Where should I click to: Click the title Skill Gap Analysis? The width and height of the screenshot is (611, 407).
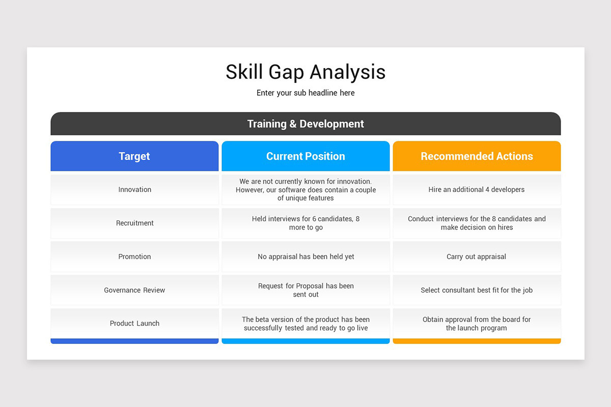(x=305, y=72)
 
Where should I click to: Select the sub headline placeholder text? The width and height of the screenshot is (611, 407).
(x=305, y=93)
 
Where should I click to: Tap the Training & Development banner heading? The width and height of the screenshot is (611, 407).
(x=305, y=124)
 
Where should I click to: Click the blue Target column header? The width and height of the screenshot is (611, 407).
(x=134, y=156)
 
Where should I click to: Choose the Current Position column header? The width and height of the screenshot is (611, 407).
(x=305, y=156)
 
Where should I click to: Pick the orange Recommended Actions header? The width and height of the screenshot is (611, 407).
(x=477, y=156)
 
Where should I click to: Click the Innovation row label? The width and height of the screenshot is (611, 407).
(x=134, y=190)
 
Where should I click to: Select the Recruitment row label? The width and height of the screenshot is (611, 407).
(x=134, y=223)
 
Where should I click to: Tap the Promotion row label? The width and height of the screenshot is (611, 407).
(x=134, y=257)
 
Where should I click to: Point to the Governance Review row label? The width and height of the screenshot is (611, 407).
(x=134, y=290)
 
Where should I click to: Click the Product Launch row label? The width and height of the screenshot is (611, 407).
(x=134, y=324)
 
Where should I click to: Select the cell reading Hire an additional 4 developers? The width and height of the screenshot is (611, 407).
(x=477, y=190)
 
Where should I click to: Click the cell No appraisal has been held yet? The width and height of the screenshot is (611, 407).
(x=305, y=257)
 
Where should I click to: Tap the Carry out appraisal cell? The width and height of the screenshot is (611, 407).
(x=477, y=257)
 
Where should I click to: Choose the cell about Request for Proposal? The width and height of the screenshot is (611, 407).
(x=305, y=290)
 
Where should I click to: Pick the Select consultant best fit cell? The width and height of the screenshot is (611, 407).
(x=477, y=290)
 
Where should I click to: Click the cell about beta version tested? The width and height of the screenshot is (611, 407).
(x=305, y=324)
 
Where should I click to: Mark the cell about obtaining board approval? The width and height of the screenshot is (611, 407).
(x=477, y=324)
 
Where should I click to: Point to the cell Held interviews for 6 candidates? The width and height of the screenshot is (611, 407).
(x=305, y=223)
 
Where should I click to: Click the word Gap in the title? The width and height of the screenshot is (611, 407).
(x=286, y=73)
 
